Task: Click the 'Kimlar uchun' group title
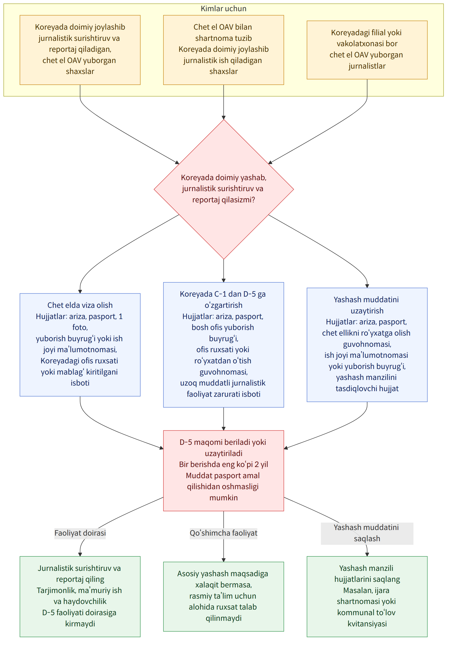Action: (223, 9)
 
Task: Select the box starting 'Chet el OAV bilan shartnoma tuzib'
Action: (223, 50)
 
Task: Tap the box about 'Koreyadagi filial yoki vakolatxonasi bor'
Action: (367, 50)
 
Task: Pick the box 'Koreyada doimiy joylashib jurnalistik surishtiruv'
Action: (80, 50)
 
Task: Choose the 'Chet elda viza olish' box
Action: (80, 345)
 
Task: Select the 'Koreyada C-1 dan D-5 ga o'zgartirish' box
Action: (223, 345)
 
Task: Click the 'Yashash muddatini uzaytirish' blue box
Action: (367, 345)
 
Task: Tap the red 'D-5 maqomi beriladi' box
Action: (223, 470)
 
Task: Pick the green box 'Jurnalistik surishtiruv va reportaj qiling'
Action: (80, 597)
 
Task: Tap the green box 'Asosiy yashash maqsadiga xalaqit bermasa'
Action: (223, 597)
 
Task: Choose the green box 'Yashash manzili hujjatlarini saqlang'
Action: (367, 597)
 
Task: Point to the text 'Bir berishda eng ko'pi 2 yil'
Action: (223, 464)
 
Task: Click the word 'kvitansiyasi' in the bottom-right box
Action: (367, 624)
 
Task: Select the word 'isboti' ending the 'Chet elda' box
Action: (80, 383)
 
